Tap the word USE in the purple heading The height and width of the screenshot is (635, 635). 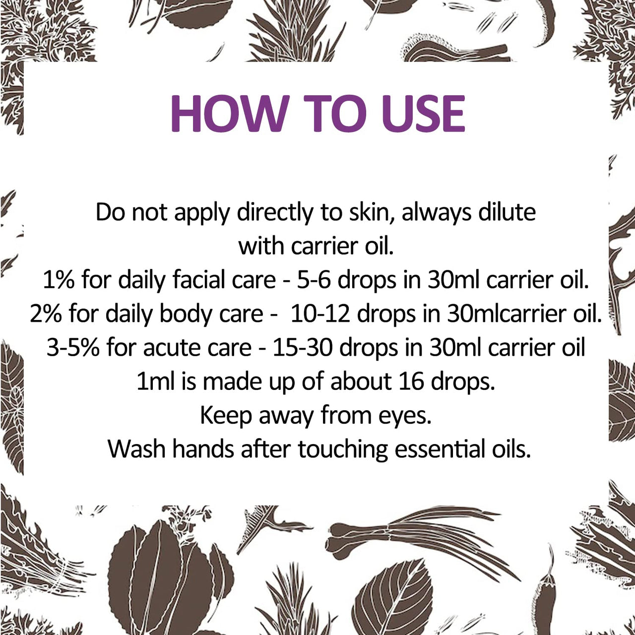(423, 113)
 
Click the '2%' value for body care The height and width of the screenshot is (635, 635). (46, 314)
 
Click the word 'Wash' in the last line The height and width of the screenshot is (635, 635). (137, 449)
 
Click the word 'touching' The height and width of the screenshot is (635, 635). (343, 449)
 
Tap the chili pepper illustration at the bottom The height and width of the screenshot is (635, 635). (544, 590)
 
